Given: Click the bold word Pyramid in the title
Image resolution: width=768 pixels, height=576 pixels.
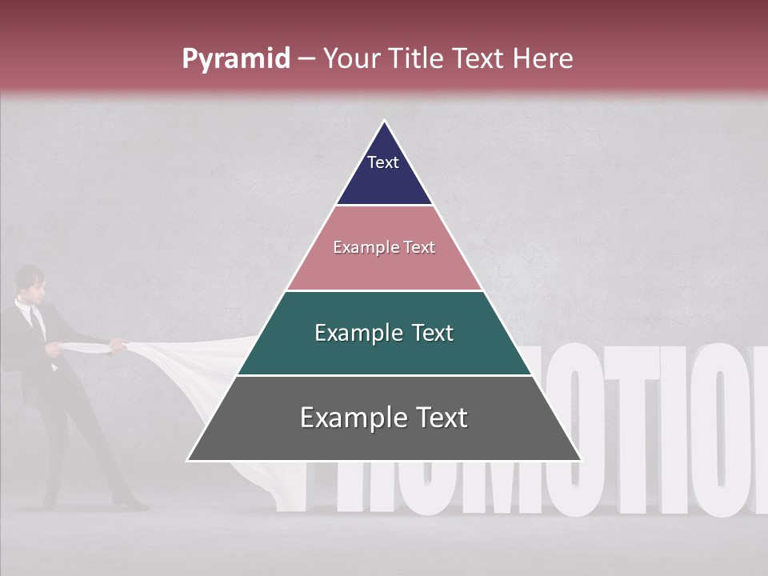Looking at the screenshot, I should pyautogui.click(x=235, y=59).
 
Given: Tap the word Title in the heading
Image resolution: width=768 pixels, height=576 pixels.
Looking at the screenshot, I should pyautogui.click(x=417, y=59).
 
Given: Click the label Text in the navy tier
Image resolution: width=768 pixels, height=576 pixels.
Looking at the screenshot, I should pyautogui.click(x=383, y=162).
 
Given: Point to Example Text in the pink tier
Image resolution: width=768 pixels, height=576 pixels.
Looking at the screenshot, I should pyautogui.click(x=384, y=248).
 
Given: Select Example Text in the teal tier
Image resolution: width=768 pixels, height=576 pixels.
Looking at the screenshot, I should pyautogui.click(x=384, y=333).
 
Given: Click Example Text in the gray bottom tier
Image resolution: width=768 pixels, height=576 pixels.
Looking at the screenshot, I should pyautogui.click(x=384, y=418).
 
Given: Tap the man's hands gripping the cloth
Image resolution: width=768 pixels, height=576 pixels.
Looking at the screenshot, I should pyautogui.click(x=118, y=345).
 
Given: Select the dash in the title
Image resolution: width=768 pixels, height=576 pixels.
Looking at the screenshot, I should pyautogui.click(x=306, y=59).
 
